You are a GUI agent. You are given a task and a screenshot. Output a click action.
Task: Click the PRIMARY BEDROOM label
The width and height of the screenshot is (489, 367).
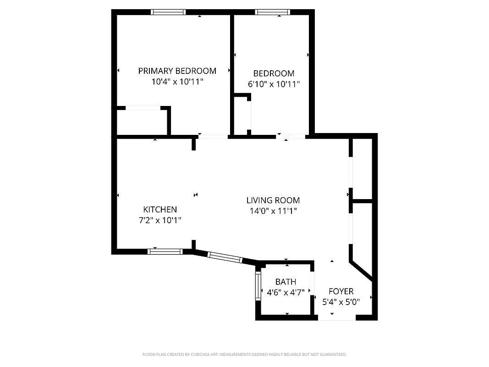(x=177, y=71)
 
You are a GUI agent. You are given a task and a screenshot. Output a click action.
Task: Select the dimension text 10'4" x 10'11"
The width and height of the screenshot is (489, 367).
(x=177, y=82)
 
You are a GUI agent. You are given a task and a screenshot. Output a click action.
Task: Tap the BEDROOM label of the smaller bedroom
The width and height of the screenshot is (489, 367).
(x=274, y=73)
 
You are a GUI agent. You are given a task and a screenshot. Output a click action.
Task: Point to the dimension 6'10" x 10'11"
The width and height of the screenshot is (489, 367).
(x=274, y=84)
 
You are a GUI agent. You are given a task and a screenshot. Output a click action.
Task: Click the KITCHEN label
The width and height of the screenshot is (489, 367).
(x=160, y=209)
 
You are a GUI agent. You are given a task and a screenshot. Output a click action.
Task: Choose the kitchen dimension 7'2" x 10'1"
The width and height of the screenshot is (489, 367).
(x=160, y=220)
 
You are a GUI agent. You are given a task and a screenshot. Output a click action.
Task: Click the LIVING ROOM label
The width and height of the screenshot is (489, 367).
(x=273, y=200)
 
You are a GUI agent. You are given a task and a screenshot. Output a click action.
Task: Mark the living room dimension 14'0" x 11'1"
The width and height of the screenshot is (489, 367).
(x=273, y=211)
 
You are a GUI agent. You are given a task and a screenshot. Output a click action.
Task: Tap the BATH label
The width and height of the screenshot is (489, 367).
(x=286, y=282)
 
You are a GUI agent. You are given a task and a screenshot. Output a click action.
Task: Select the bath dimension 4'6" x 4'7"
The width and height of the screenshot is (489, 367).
(x=286, y=292)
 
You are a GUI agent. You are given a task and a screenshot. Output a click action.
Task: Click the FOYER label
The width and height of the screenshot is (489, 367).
(x=341, y=291)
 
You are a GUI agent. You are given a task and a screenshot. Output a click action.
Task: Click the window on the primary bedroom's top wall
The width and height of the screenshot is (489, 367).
(x=169, y=12)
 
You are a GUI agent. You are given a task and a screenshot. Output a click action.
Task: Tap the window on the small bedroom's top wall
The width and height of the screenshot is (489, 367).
(x=273, y=12)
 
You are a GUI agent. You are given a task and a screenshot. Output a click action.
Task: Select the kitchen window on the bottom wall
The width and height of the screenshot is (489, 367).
(x=165, y=251)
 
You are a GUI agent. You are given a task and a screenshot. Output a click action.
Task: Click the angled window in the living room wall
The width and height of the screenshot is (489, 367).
(x=225, y=257)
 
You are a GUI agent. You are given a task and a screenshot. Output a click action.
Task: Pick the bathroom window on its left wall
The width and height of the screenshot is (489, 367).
(x=258, y=286)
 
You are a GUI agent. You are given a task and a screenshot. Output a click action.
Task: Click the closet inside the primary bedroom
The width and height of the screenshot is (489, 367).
(x=142, y=122)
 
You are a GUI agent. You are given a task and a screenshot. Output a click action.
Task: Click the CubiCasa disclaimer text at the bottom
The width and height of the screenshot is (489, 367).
(x=244, y=355)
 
